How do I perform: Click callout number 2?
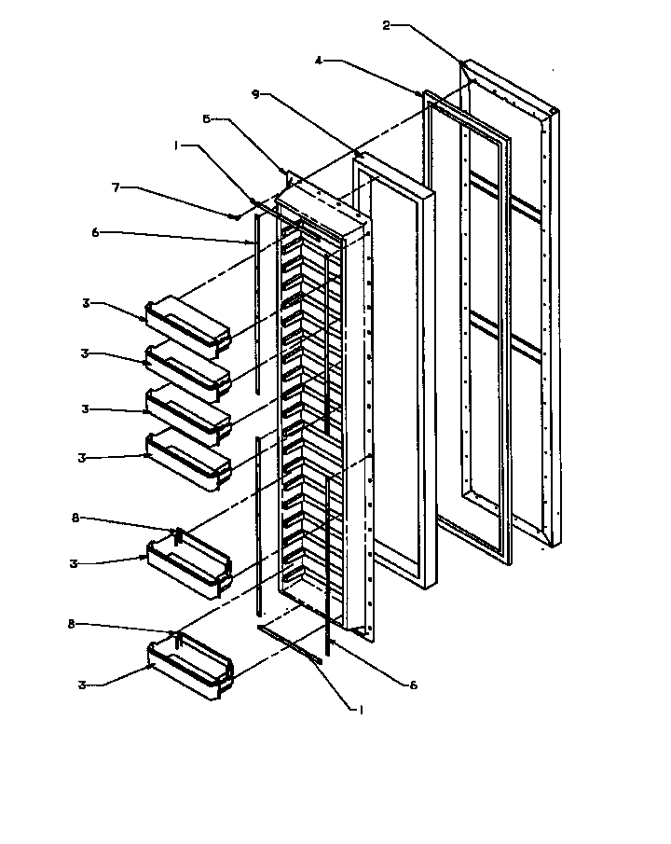[387, 25]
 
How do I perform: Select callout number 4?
[319, 62]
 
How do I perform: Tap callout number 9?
[255, 93]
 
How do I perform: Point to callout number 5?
[207, 118]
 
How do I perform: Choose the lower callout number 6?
[413, 684]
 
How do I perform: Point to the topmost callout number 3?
[85, 303]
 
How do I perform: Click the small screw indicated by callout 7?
[233, 216]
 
